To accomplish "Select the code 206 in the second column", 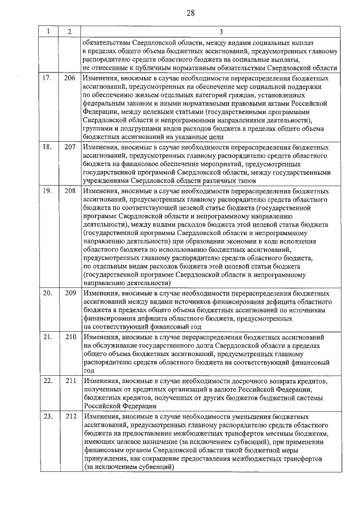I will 70,78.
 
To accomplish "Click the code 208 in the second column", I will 70,191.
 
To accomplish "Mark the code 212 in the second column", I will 70,416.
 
